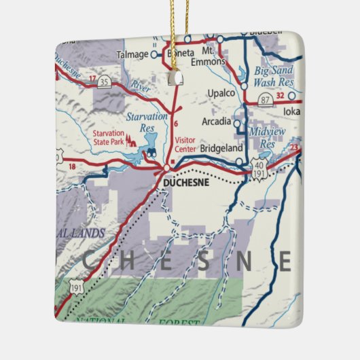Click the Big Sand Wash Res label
coord(275,76)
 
